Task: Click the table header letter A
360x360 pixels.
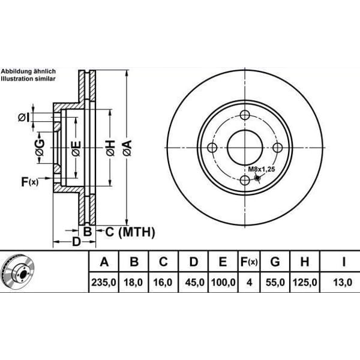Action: pyautogui.click(x=104, y=262)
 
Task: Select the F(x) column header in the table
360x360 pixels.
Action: pyautogui.click(x=248, y=262)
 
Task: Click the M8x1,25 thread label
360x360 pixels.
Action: pyautogui.click(x=261, y=170)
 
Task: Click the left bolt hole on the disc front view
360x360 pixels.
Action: pyautogui.click(x=212, y=148)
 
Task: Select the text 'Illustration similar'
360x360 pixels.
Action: pyautogui.click(x=28, y=79)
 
